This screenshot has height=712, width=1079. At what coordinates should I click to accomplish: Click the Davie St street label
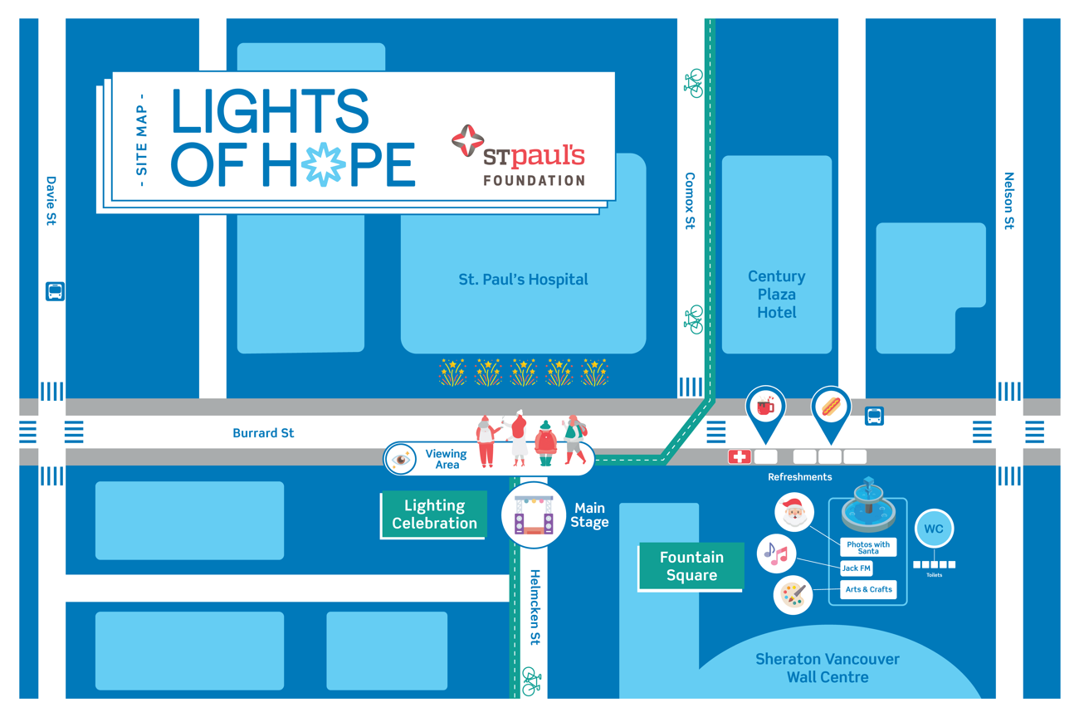coord(51,200)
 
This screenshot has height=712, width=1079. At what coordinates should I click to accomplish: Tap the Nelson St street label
coord(1008,200)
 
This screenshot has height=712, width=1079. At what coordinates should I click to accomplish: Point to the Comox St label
coord(690,200)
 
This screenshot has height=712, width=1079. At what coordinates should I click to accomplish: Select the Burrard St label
coord(263,432)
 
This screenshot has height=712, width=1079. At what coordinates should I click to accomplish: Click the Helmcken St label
coord(535,607)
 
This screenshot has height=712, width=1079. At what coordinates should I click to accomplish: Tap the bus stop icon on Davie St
coord(55,291)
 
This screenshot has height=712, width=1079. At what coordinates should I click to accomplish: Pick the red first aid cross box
coord(739,456)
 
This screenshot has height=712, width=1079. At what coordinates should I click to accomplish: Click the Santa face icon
coord(793,512)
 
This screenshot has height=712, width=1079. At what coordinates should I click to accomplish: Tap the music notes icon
coord(776,554)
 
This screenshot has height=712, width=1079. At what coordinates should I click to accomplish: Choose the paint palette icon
coord(793,595)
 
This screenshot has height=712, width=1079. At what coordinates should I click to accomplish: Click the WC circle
coord(934,529)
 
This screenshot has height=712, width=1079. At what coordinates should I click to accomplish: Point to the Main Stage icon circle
coord(533,515)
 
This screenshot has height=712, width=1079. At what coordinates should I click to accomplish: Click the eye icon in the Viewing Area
coord(401,459)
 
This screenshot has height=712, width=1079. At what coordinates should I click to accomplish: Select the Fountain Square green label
coord(691,566)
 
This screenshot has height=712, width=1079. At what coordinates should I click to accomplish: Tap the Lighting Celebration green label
coord(434,514)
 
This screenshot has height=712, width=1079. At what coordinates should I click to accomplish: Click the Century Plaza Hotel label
coord(777,295)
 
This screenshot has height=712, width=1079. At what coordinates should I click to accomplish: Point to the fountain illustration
coord(868,505)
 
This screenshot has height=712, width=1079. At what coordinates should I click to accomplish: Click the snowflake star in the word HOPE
coord(324,164)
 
